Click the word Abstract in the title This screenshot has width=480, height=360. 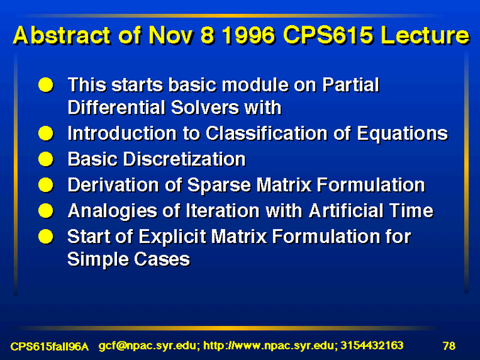62,35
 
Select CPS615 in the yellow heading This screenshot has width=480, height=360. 328,35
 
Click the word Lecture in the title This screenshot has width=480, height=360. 425,35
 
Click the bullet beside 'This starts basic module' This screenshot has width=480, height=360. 46,85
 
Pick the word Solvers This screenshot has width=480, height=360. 205,108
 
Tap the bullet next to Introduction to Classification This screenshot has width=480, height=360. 46,133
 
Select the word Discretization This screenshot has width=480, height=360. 184,160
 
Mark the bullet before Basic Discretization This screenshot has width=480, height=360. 46,159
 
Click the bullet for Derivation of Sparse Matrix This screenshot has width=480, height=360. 46,185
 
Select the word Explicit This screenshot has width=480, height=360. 172,237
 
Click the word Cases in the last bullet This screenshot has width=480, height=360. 162,260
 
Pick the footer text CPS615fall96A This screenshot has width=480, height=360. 50,347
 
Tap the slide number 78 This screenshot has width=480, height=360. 449,346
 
